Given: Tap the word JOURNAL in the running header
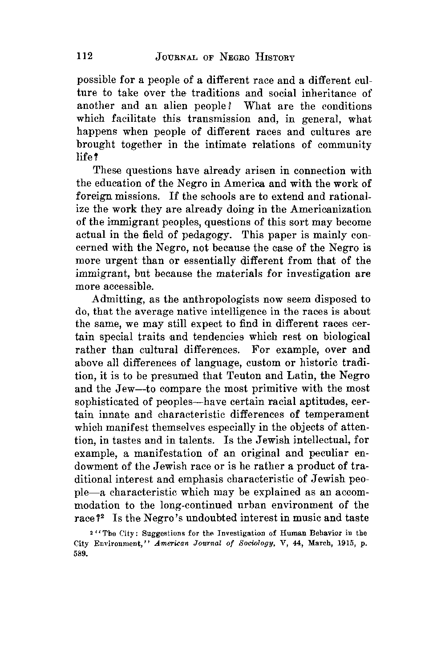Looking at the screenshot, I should point(178,57).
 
